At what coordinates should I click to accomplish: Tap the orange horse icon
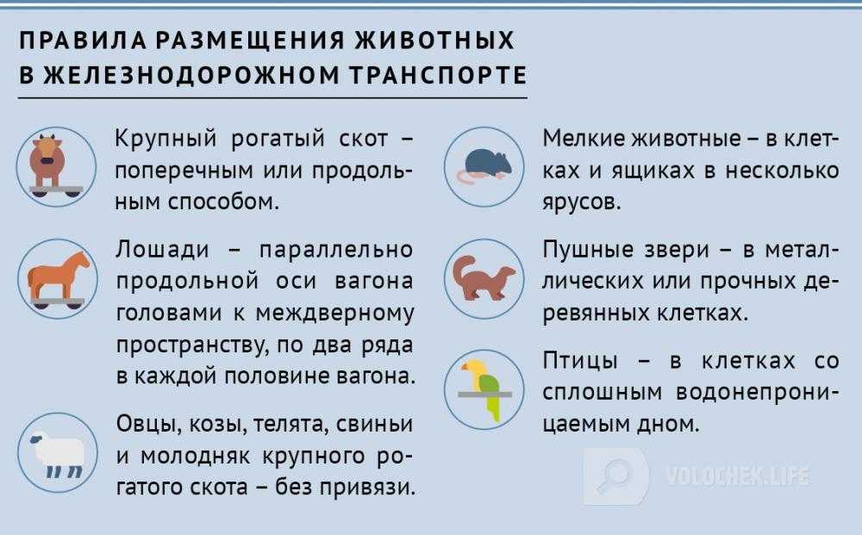(x=57, y=279)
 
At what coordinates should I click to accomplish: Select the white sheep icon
(x=57, y=452)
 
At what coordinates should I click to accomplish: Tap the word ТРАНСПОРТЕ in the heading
(x=438, y=75)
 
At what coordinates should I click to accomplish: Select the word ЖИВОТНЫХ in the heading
(x=434, y=40)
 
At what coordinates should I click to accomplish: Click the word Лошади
(x=163, y=250)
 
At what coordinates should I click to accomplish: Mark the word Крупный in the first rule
(x=166, y=139)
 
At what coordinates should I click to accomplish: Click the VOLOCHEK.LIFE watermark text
(x=738, y=476)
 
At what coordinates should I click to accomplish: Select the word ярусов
(x=582, y=203)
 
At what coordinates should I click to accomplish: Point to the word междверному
(x=334, y=313)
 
